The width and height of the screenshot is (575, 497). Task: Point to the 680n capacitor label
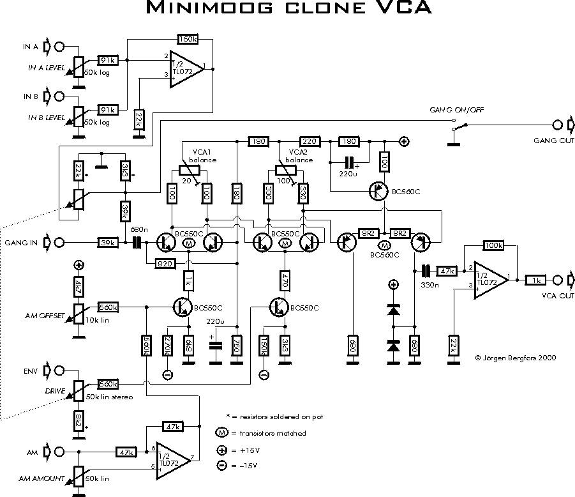(140, 229)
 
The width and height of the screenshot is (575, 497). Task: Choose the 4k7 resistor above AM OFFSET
(78, 286)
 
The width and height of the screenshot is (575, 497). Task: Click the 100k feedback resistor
(493, 245)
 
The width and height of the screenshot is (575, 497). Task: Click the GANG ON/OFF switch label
(456, 110)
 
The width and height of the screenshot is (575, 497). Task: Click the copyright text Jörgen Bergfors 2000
(516, 358)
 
